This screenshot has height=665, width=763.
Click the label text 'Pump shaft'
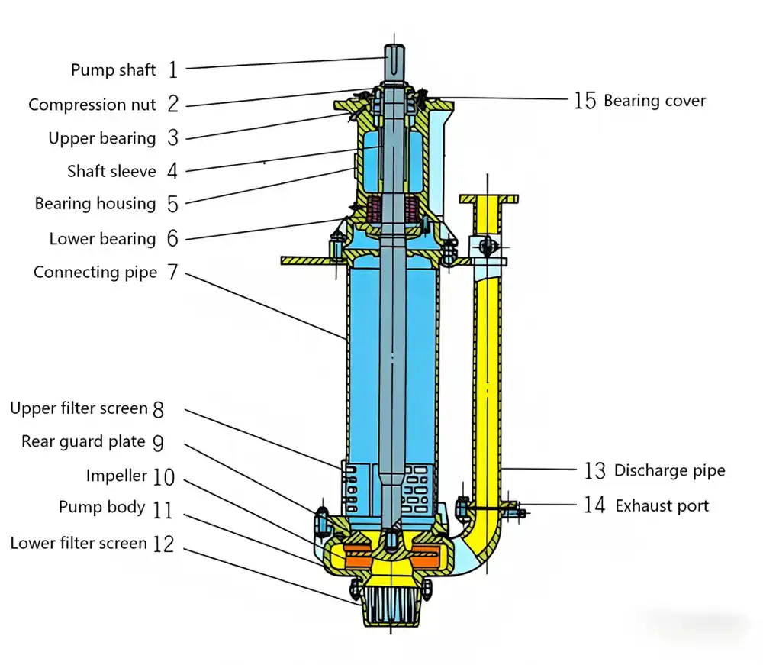[x=113, y=70]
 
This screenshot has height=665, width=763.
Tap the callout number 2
[x=173, y=105]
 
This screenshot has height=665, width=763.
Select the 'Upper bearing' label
[x=101, y=138]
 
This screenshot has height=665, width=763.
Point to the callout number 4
[x=172, y=171]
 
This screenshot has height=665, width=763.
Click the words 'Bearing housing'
[x=95, y=204]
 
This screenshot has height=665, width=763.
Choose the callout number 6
[x=172, y=239]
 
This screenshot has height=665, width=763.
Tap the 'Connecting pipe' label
[x=95, y=273]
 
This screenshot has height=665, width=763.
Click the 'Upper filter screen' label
[x=79, y=408]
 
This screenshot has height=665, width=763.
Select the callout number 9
[x=158, y=443]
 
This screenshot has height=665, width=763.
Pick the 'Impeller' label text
[x=116, y=476]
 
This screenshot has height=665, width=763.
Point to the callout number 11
[x=163, y=510]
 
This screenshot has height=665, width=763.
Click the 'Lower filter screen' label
[x=78, y=544]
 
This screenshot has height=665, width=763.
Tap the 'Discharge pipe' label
[x=669, y=471]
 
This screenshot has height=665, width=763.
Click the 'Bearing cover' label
[x=655, y=101]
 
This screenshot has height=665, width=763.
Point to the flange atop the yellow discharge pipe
[x=489, y=199]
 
